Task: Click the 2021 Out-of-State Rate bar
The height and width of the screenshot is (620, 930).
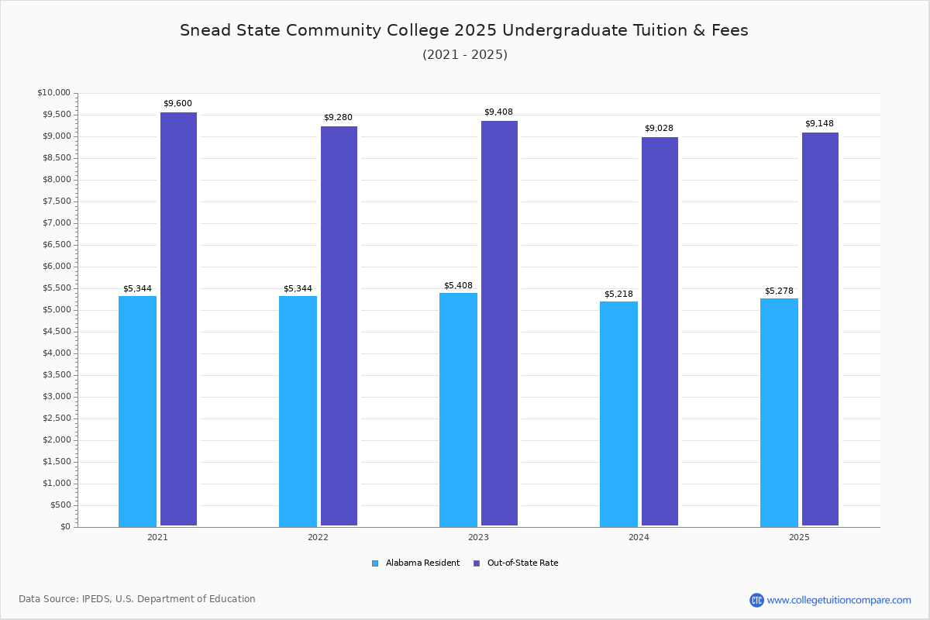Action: [178, 319]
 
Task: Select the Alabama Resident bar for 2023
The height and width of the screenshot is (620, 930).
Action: [458, 410]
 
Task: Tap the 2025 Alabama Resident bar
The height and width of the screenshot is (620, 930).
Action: [779, 413]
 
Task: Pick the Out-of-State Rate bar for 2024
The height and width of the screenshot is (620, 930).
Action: [660, 332]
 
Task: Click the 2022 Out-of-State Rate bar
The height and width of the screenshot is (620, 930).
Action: [339, 326]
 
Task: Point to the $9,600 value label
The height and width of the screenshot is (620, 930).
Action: [177, 103]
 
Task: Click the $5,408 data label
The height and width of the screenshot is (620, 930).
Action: [458, 285]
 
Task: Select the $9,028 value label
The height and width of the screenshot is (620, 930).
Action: [659, 128]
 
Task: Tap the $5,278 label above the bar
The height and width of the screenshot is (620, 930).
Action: [779, 291]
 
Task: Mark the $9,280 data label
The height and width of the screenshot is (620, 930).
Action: [338, 117]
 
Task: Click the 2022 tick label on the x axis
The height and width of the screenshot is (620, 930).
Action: [318, 537]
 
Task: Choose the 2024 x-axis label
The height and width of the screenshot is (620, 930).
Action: [639, 537]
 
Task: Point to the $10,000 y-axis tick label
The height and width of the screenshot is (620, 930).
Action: [54, 92]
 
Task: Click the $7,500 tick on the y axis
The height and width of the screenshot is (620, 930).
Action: [57, 201]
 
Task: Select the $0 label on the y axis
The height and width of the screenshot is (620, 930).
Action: [66, 526]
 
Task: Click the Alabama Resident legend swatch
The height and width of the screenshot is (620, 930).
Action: [375, 563]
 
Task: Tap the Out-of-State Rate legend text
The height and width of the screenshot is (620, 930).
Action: [522, 563]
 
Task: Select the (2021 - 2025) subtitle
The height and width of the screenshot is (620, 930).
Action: [465, 54]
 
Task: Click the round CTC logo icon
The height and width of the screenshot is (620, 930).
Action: [756, 600]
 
